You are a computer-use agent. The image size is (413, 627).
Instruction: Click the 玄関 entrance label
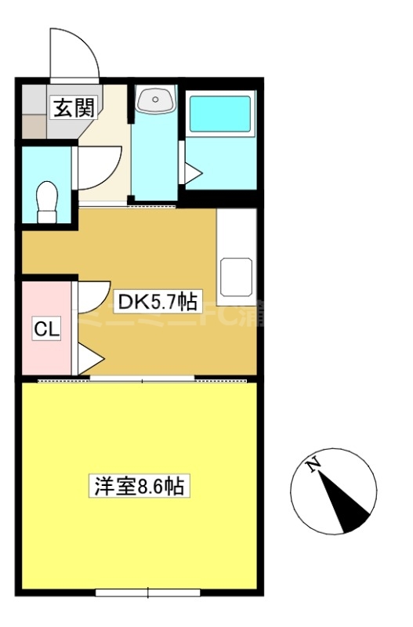[x=73, y=108]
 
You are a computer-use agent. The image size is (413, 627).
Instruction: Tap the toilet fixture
[x=48, y=202]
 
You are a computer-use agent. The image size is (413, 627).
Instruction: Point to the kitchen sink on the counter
[x=237, y=275]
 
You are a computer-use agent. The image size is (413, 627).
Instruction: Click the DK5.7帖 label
[x=156, y=300]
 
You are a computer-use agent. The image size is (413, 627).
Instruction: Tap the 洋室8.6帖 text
[x=139, y=486]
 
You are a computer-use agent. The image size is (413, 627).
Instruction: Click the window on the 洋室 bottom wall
[x=147, y=593]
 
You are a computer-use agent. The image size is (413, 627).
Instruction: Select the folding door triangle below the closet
[x=89, y=360]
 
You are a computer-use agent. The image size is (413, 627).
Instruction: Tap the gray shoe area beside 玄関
[x=34, y=109]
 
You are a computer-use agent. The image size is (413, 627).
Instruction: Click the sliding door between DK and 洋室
[x=142, y=380]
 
